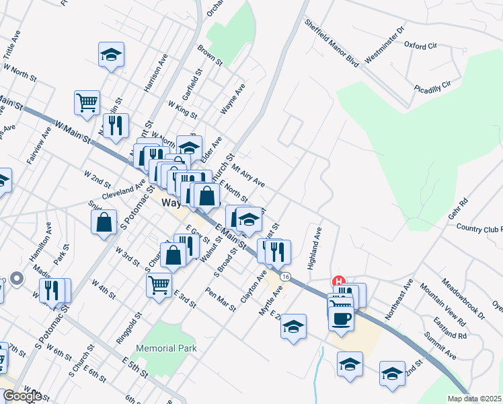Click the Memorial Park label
pos(166,348)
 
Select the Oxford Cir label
pos(420,45)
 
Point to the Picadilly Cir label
pos(432,87)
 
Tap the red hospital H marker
pos(339,281)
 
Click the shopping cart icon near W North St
pos(87,103)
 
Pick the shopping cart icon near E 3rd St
pos(159,285)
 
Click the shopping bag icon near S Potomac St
pos(104,222)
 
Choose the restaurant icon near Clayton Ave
pos(277,252)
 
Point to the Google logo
pos(22,396)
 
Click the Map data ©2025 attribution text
pos(475,399)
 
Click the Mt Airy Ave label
pos(247,174)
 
